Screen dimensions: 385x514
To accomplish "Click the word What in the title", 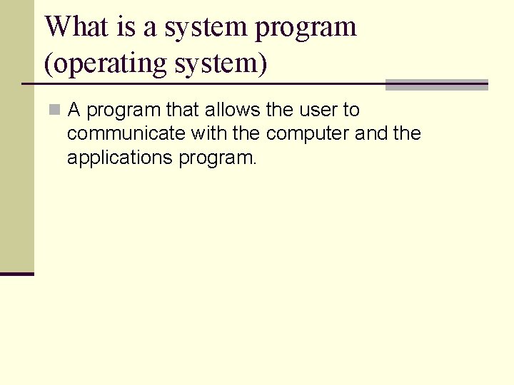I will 76,27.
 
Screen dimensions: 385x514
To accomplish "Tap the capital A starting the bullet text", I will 74,111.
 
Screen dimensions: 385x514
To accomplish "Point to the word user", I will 318,111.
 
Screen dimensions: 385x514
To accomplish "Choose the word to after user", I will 351,111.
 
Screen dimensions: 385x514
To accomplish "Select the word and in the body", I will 371,134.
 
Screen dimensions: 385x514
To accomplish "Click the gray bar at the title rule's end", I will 436,85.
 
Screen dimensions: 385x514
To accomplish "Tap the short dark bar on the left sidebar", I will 17,274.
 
